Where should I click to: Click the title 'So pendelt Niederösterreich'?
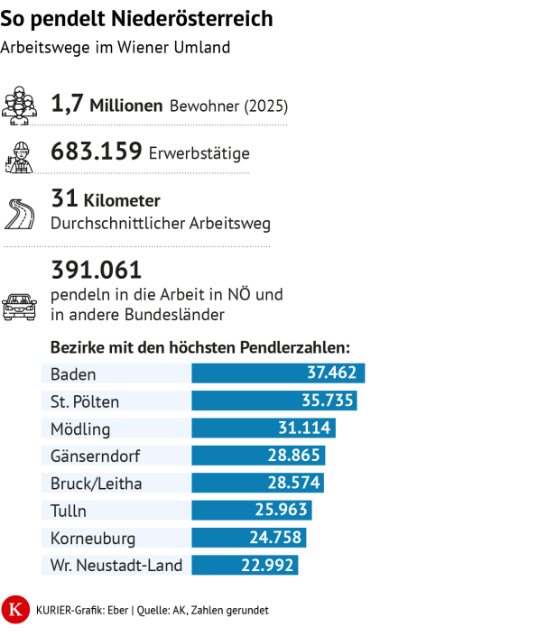(x=137, y=19)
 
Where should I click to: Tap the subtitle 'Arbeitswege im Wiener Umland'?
(x=116, y=47)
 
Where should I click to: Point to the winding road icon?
(x=20, y=213)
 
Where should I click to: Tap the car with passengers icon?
(x=20, y=306)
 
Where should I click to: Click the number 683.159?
(x=97, y=152)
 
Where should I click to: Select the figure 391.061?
(x=97, y=270)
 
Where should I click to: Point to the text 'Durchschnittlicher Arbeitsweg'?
(x=161, y=223)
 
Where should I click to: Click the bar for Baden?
(x=278, y=373)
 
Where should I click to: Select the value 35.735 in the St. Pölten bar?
(x=329, y=401)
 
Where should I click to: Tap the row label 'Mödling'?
(x=80, y=429)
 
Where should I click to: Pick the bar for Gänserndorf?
(x=258, y=456)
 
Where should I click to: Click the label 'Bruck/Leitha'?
(x=96, y=484)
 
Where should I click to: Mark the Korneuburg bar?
(x=248, y=539)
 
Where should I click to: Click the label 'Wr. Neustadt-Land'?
(x=116, y=566)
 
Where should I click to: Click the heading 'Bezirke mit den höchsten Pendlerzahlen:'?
(x=199, y=347)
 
